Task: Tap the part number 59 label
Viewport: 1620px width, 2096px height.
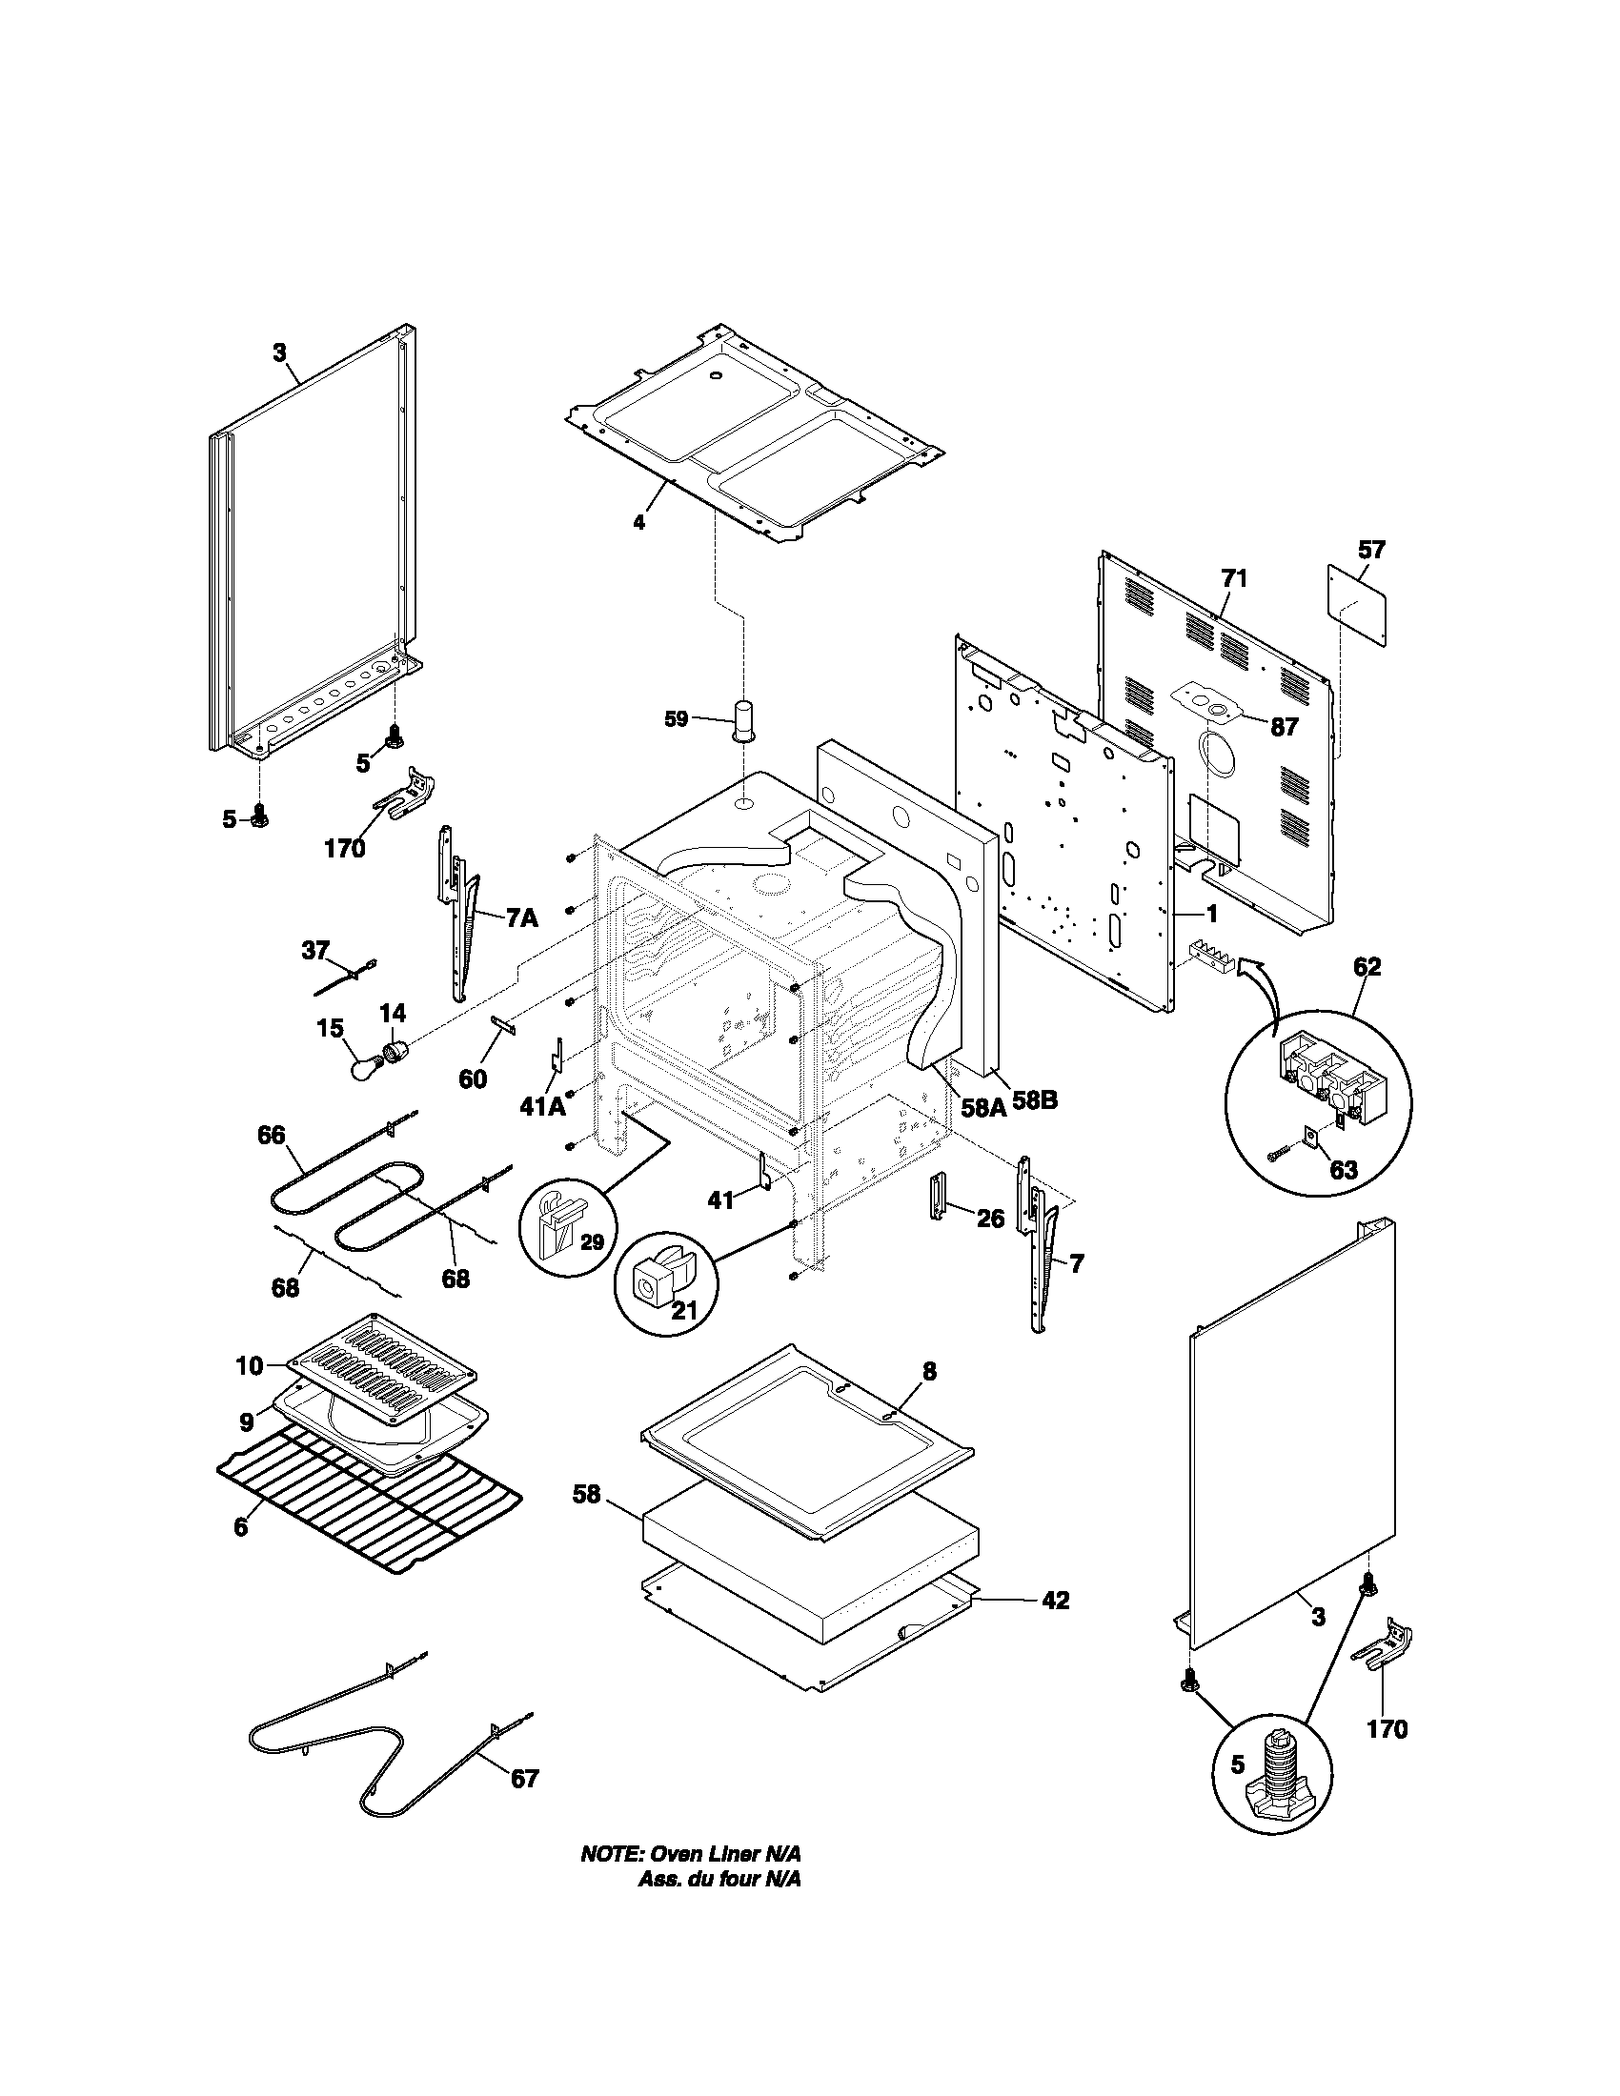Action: click(x=677, y=718)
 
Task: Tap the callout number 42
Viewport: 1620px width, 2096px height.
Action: click(x=1055, y=1600)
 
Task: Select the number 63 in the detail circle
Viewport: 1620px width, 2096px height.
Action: click(x=1344, y=1170)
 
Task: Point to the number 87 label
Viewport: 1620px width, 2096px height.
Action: click(x=1285, y=727)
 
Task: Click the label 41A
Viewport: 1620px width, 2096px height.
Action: click(x=542, y=1106)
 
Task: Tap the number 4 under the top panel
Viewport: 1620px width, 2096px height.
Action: click(x=638, y=522)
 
